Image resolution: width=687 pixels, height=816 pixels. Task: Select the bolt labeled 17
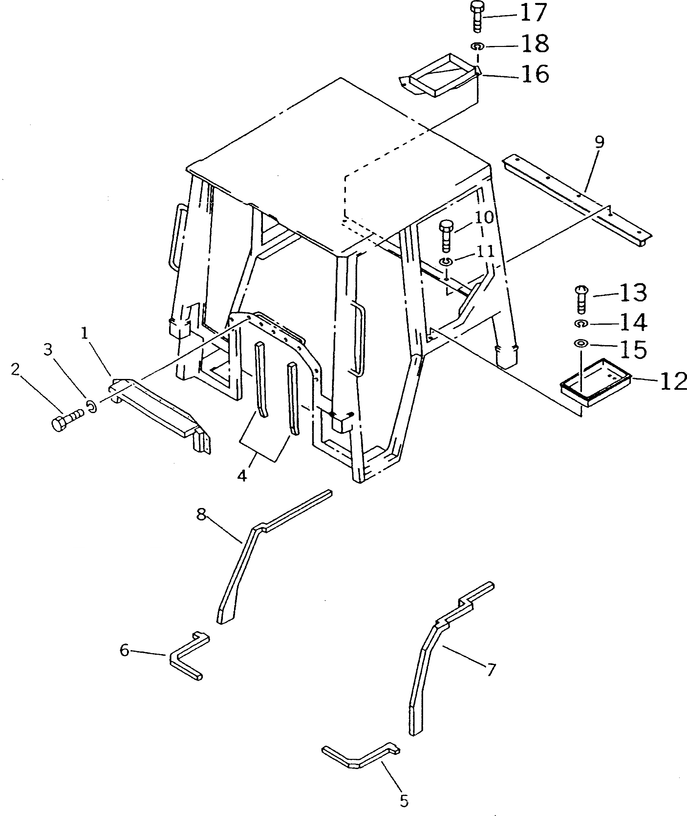(476, 17)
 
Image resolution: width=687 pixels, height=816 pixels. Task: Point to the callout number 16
(535, 74)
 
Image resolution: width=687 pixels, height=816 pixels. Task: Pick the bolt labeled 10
(446, 236)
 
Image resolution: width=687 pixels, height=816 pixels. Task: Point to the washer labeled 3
(92, 407)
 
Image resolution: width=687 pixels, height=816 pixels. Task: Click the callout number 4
(242, 475)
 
